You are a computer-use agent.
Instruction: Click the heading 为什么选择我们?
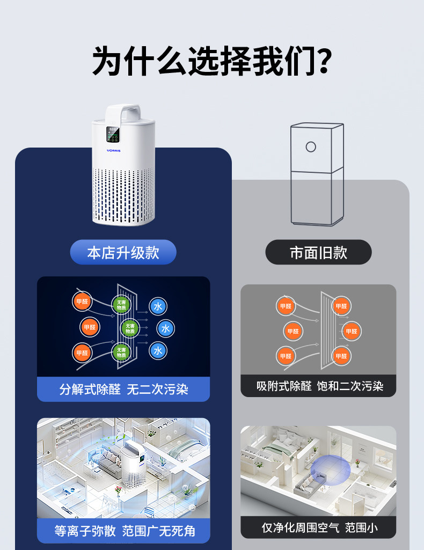[x=211, y=61]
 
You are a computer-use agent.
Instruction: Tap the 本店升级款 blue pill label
[x=123, y=252]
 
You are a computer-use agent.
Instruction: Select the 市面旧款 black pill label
[x=318, y=252]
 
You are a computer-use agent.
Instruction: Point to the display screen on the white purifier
[x=113, y=136]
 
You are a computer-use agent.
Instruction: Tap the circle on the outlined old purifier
[x=311, y=146]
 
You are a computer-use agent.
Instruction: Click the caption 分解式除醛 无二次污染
[x=123, y=389]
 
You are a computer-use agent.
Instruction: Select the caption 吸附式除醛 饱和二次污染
[x=318, y=386]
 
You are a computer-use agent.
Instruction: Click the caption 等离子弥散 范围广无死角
[x=123, y=531]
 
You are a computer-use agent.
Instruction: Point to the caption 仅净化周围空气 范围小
[x=318, y=527]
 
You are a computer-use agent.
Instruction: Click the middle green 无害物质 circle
[x=130, y=328]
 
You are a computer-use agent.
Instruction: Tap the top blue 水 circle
[x=158, y=306]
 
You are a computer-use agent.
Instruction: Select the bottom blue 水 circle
[x=158, y=350]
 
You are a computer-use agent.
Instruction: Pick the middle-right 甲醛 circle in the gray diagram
[x=352, y=331]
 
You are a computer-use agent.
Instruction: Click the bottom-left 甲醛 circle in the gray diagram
[x=286, y=355]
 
